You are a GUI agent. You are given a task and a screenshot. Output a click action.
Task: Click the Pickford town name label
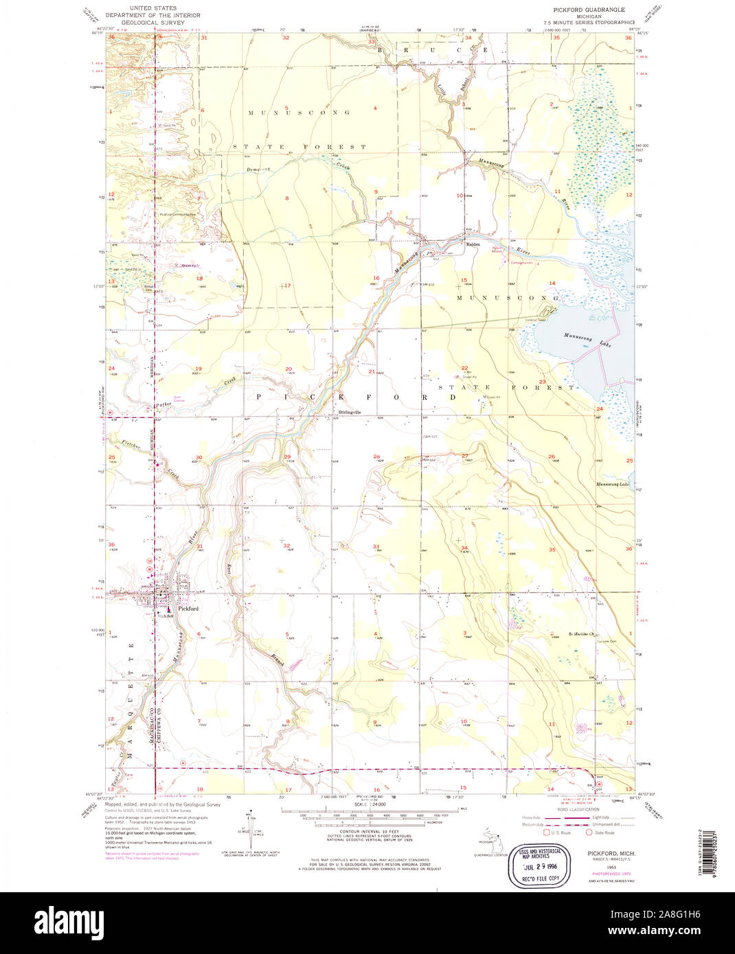188,609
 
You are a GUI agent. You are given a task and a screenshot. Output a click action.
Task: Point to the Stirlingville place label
351,412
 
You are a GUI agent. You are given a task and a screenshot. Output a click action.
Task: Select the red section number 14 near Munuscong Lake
552,283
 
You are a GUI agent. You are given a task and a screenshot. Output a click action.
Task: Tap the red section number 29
288,457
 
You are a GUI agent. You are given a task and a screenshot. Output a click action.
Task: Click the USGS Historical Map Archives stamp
543,867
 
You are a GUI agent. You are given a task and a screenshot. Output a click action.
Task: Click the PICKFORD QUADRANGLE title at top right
589,10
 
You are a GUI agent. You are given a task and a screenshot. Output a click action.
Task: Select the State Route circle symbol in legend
589,833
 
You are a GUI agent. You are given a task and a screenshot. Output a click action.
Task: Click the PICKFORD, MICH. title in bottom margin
611,852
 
